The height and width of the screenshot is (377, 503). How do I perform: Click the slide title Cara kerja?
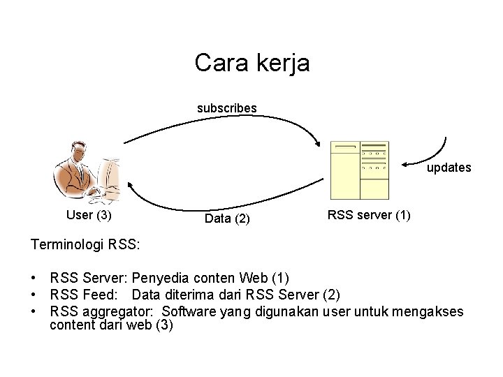(x=251, y=63)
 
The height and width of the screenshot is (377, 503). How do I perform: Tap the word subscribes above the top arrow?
(x=226, y=108)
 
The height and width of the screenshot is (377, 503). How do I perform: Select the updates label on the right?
(x=449, y=168)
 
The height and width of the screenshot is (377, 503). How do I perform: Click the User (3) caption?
(x=89, y=215)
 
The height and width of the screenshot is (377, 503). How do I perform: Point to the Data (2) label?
(x=226, y=219)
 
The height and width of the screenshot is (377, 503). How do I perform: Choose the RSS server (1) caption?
(x=369, y=215)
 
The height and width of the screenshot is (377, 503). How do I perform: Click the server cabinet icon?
(x=359, y=170)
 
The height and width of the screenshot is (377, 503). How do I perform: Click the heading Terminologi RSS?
(x=85, y=245)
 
